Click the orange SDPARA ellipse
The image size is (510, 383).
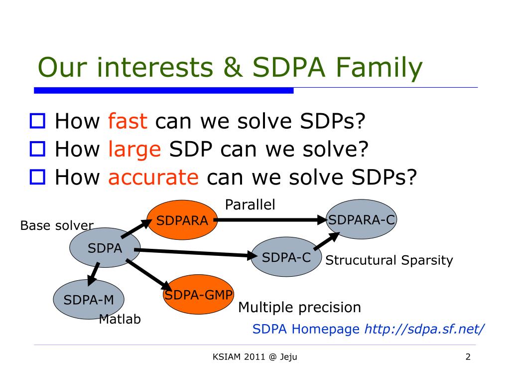coord(182,220)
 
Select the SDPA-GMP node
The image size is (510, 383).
coord(198,294)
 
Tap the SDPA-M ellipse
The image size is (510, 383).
coord(89,299)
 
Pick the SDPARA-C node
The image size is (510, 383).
coord(362,219)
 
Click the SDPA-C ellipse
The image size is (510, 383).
coord(286,257)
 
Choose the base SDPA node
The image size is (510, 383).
coord(105,248)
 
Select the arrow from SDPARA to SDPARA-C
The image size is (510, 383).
coord(270,220)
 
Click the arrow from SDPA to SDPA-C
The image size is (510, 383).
coord(196,253)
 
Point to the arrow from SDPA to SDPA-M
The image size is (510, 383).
coord(94,274)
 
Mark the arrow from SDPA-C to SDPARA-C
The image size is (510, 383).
coord(327,241)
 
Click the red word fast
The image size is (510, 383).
coord(127,121)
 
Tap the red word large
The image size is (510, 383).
coord(134,150)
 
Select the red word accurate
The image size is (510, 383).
coord(153,177)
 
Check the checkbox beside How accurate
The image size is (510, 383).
coord(37,177)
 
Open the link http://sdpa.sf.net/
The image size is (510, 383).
coord(424,329)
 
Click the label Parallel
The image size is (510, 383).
coord(250,204)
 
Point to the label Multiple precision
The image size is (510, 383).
coord(299,307)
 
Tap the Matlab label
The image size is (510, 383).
coord(120,319)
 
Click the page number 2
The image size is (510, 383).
coord(468,357)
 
